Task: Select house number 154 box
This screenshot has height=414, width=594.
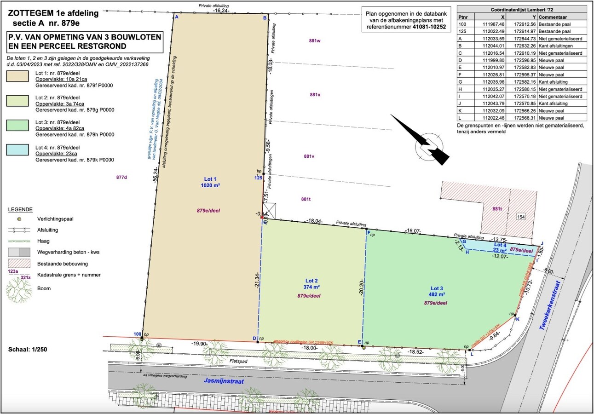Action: click(x=520, y=217)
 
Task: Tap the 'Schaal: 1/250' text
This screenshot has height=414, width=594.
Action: click(x=28, y=350)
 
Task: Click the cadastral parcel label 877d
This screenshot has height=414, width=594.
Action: click(x=121, y=177)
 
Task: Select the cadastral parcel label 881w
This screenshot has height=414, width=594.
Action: click(x=315, y=40)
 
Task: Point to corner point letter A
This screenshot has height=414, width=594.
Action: click(x=176, y=17)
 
